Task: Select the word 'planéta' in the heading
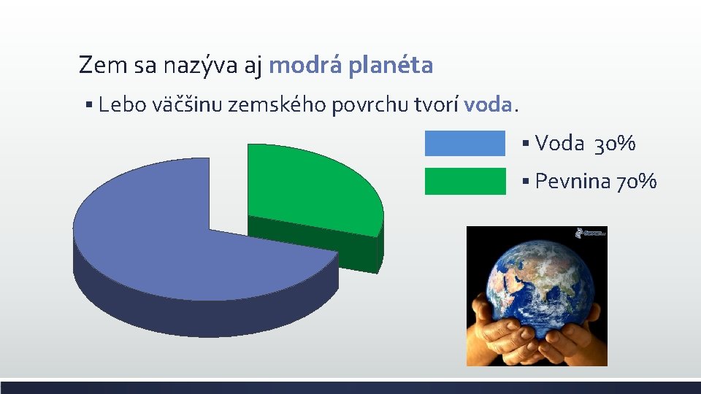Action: pos(391,66)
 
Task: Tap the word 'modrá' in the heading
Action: pos(306,66)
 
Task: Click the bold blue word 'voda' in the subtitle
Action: pos(488,105)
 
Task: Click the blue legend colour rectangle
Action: pos(464,143)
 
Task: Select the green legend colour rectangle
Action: pos(464,181)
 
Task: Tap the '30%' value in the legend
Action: pos(615,144)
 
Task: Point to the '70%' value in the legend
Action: pos(637,181)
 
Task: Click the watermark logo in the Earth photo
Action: pos(590,233)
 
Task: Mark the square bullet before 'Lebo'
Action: pos(87,106)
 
